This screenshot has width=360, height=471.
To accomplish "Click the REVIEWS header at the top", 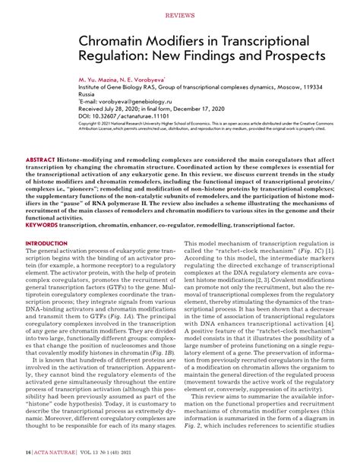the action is point(180,14).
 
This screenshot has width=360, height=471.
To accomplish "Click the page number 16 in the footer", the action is point(27,453).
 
